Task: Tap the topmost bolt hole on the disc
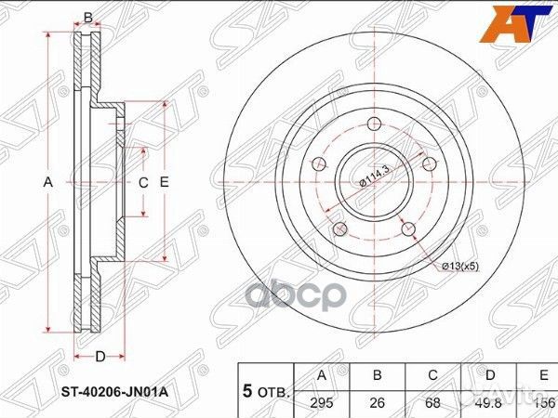[x=374, y=125]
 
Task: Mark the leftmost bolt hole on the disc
[x=319, y=164]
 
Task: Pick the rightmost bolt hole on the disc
[x=428, y=164]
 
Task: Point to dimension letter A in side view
[x=48, y=184]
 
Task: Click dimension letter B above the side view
[x=88, y=18]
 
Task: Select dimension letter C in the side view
[x=143, y=184]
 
